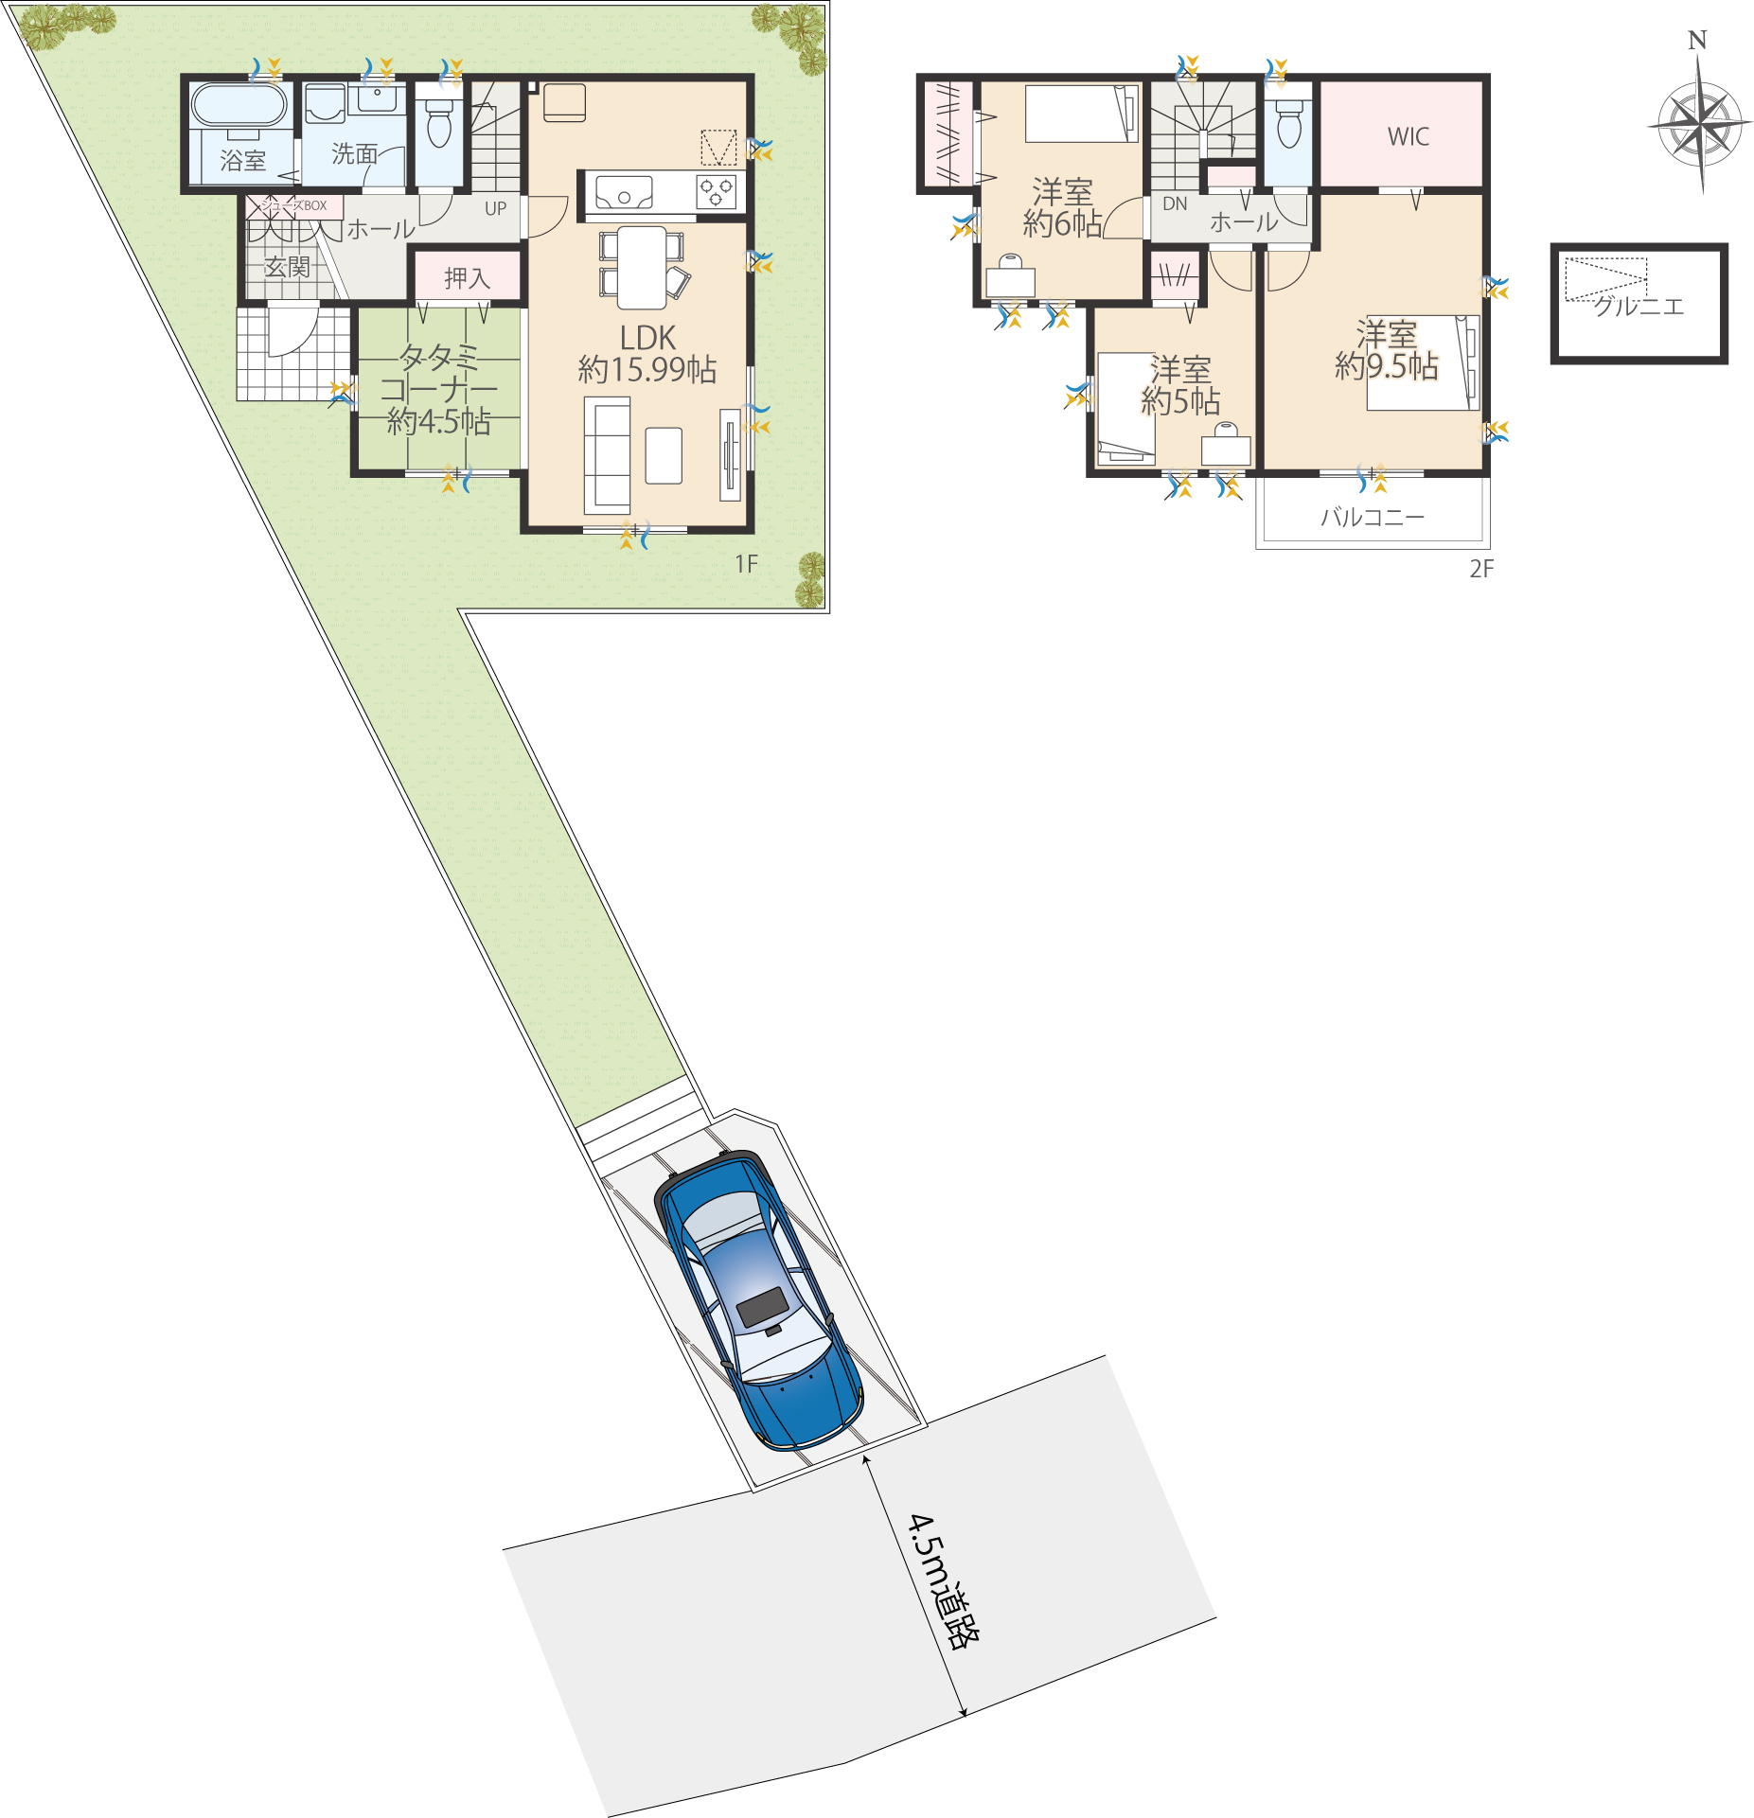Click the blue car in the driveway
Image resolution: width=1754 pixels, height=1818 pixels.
(x=758, y=1300)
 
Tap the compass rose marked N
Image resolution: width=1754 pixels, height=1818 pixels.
(x=1700, y=123)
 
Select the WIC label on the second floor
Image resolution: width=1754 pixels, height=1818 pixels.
(x=1409, y=136)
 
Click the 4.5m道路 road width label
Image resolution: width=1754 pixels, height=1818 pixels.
(x=944, y=1580)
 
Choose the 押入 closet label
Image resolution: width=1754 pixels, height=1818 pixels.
(x=468, y=278)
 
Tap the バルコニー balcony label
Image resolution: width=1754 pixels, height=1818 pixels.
(x=1373, y=517)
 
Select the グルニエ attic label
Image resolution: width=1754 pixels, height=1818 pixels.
(x=1639, y=306)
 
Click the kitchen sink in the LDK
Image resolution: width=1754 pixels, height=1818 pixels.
(x=624, y=192)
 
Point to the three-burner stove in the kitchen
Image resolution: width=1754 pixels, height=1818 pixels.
(x=716, y=192)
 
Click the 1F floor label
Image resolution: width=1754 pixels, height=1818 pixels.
(x=747, y=564)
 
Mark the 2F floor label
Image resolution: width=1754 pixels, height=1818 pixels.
(x=1481, y=569)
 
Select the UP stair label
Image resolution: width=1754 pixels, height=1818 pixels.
(x=495, y=208)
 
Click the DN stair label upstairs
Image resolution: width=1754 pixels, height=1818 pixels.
(x=1175, y=203)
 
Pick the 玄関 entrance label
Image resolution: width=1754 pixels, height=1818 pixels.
(x=287, y=267)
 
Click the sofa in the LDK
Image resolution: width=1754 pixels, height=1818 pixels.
(x=608, y=454)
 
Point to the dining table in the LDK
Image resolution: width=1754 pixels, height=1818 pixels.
(x=642, y=268)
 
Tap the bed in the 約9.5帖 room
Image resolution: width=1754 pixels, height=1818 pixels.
(x=1423, y=362)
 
